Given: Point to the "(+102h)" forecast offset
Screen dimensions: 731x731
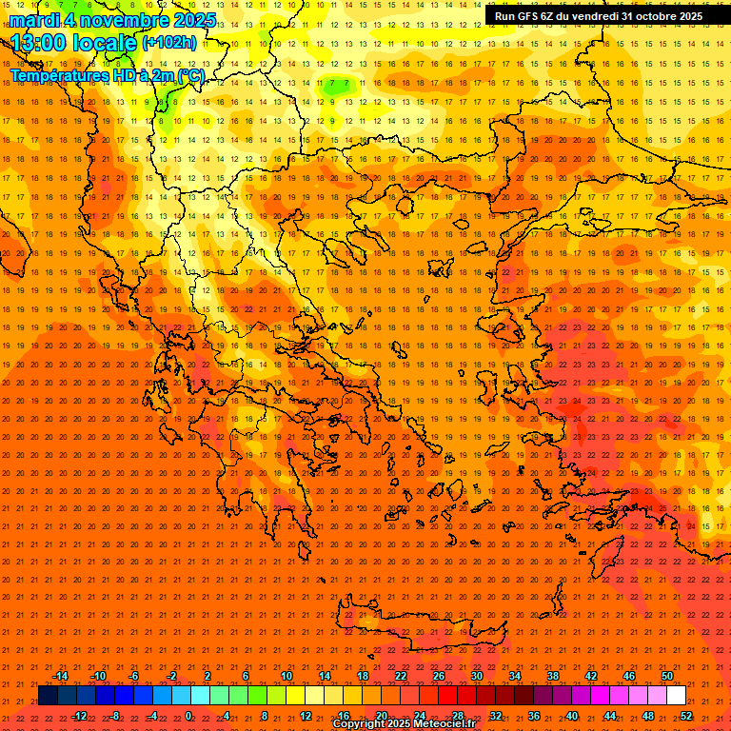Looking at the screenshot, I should pyautogui.click(x=169, y=42).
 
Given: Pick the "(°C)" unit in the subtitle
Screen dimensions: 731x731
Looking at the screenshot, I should pyautogui.click(x=189, y=75).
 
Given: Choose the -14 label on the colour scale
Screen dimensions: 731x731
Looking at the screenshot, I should pyautogui.click(x=60, y=676).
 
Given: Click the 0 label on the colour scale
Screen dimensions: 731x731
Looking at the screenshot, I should pyautogui.click(x=188, y=716).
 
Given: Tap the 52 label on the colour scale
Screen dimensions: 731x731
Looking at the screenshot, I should pyautogui.click(x=685, y=716).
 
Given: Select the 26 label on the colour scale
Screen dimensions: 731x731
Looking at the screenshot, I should pyautogui.click(x=438, y=676).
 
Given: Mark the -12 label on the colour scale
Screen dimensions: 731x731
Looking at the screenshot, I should pyautogui.click(x=79, y=716).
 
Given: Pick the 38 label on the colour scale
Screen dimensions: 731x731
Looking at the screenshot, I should pyautogui.click(x=552, y=676).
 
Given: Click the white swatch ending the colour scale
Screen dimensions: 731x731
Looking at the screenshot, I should pyautogui.click(x=676, y=696).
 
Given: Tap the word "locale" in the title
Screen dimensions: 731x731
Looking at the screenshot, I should pyautogui.click(x=104, y=43).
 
